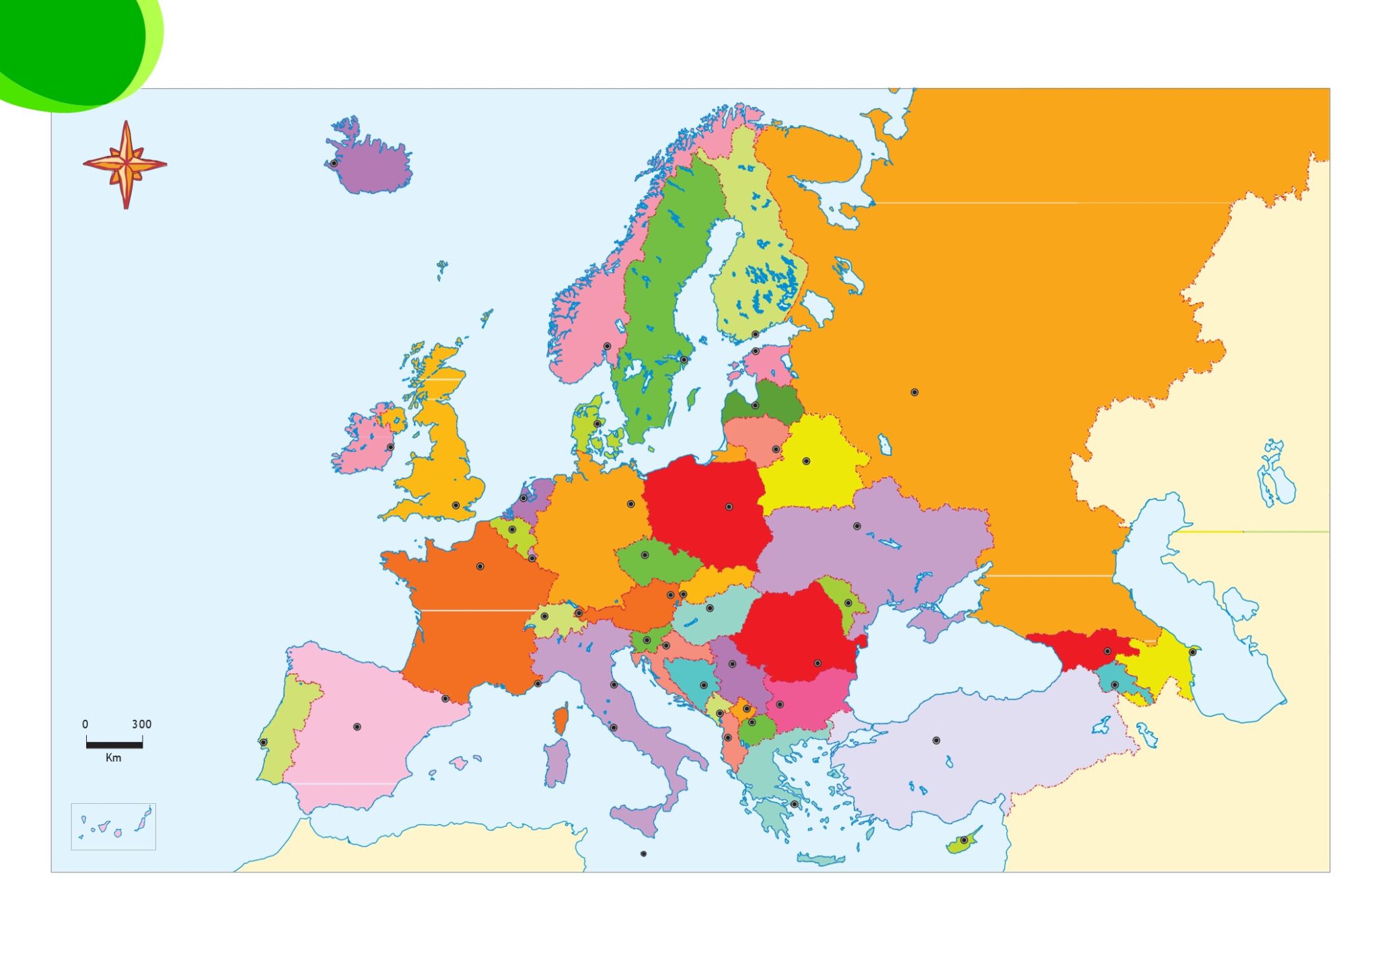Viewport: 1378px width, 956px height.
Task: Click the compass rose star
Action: point(125,163)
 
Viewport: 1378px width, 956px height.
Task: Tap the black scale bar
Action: point(114,745)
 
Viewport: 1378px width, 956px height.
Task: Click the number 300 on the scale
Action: point(141,725)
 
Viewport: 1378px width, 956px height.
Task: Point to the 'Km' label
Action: point(114,758)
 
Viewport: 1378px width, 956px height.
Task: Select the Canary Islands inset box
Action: point(113,826)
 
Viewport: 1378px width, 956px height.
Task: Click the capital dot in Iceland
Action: point(334,163)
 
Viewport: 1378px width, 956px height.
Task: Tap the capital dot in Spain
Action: point(357,727)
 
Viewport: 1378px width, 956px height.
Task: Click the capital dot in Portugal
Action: point(264,742)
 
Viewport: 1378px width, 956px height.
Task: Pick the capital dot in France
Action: point(480,566)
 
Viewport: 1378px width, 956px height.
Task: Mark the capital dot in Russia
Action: point(914,392)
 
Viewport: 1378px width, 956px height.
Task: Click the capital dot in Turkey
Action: point(936,740)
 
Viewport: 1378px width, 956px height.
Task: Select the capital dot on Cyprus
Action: point(964,840)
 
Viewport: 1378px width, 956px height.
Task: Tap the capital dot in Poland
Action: point(729,507)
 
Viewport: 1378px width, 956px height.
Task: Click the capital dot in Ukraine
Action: point(857,526)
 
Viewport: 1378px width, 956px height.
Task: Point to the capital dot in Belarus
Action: point(806,461)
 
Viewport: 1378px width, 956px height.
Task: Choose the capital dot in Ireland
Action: point(390,447)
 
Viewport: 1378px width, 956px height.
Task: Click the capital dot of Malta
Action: point(643,854)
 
